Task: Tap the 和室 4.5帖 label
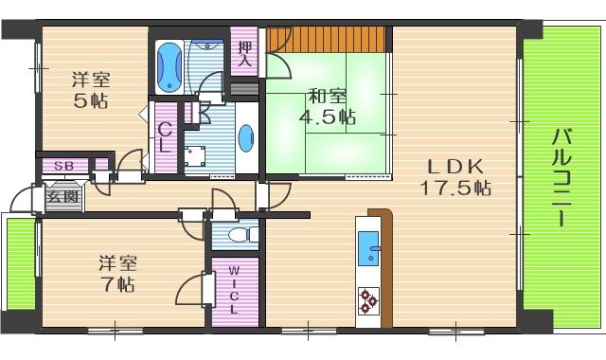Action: click(326, 107)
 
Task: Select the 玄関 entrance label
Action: click(63, 198)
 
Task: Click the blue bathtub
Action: click(170, 63)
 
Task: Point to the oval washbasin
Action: click(246, 138)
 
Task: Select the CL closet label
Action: click(165, 139)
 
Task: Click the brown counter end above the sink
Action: click(379, 217)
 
